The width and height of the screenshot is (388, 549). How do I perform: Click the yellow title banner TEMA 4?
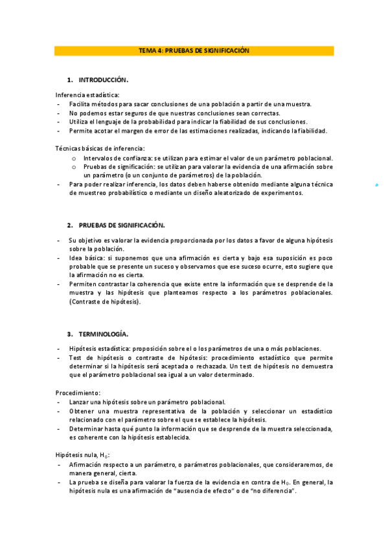tap(194, 50)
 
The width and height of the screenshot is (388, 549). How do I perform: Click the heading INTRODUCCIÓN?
tap(104, 80)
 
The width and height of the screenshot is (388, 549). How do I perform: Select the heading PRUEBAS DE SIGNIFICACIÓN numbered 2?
tap(122, 225)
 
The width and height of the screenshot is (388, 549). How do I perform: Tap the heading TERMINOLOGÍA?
tap(104, 334)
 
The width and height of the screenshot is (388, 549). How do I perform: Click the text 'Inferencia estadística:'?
tap(83, 95)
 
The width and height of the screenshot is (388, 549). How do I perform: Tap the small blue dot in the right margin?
tap(377, 186)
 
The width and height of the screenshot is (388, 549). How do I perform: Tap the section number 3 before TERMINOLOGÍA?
tap(69, 334)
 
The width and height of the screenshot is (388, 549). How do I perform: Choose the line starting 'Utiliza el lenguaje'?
tap(188, 122)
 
